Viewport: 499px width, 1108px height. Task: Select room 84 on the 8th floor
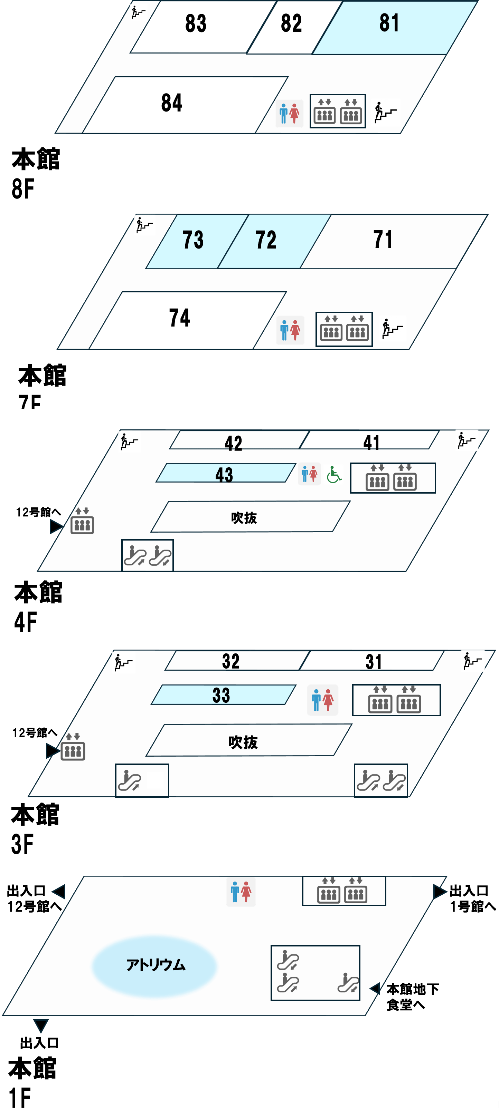[x=172, y=103]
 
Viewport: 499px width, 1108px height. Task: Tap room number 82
[x=291, y=24]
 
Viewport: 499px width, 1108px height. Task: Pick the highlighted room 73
[x=192, y=240]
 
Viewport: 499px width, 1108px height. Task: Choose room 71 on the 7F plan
[x=383, y=240]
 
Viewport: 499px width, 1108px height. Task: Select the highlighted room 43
[x=224, y=474]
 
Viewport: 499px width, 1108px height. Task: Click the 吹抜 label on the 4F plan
[x=244, y=517]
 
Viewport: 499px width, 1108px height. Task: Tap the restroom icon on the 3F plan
[x=322, y=700]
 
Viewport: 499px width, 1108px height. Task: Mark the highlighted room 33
[x=221, y=695]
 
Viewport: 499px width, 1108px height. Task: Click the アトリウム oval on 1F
[x=154, y=965]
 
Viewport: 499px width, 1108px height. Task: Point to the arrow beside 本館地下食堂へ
[x=375, y=989]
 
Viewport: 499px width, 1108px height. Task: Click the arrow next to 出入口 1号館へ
[x=439, y=891]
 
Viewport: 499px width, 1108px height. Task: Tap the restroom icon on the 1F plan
[x=241, y=891]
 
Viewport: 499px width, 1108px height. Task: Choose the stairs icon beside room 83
[x=138, y=12]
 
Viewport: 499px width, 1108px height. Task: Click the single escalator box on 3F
[x=142, y=780]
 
